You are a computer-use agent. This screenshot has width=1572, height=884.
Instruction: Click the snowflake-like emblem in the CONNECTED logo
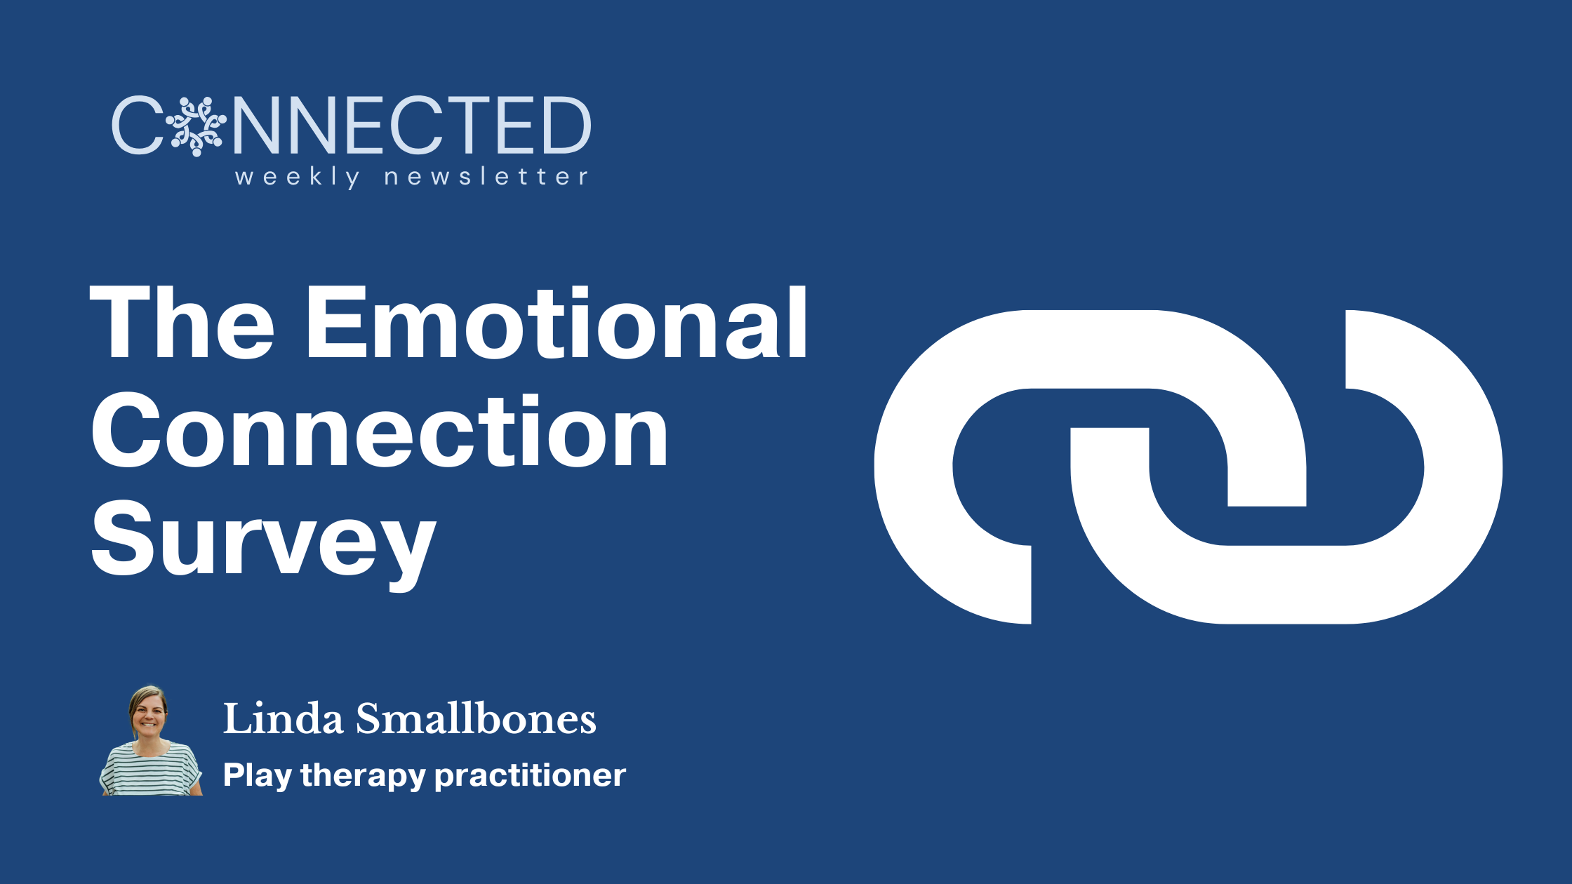(196, 126)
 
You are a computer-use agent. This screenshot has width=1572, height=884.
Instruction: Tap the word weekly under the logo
(298, 177)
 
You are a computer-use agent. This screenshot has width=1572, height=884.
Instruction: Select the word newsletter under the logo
(486, 177)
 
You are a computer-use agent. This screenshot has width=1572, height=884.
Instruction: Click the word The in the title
(182, 324)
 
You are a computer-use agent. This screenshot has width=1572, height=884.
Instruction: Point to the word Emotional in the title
(557, 324)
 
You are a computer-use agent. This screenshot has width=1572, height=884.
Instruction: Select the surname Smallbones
(476, 719)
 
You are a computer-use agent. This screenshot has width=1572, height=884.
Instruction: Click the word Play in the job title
(257, 776)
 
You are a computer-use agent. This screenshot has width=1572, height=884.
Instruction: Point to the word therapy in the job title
(363, 776)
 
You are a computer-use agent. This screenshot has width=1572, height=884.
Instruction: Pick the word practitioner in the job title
(530, 775)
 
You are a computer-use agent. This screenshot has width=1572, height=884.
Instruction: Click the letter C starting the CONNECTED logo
(137, 126)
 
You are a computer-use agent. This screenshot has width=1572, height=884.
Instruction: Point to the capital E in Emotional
(338, 324)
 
